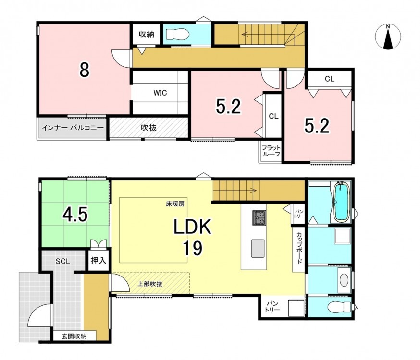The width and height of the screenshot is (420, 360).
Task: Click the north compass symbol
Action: pos(388,37)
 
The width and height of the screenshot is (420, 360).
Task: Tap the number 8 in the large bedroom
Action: pos(85,70)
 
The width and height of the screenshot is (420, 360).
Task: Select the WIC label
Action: pos(160,93)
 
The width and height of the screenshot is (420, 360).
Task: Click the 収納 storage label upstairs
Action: pos(146,34)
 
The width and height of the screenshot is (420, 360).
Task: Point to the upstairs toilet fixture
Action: pos(177,34)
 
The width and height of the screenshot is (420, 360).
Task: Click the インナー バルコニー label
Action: pos(73,128)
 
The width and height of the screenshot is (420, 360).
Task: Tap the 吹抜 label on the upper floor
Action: pos(148,128)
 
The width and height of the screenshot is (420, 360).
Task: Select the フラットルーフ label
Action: pos(271,151)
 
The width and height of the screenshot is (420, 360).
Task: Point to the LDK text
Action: pos(193,227)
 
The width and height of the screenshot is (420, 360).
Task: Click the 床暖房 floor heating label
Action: pos(175,204)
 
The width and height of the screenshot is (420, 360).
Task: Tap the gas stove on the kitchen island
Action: pos(259,218)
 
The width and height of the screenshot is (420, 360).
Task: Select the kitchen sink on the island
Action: pos(258,249)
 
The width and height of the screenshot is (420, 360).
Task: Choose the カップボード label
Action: pos(299,248)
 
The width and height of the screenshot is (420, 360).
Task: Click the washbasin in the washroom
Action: pos(344,280)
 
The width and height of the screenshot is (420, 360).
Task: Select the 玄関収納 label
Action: pos(74,336)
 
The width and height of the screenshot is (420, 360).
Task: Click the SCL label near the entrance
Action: pos(63,261)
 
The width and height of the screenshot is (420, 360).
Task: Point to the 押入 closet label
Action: pos(99,260)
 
